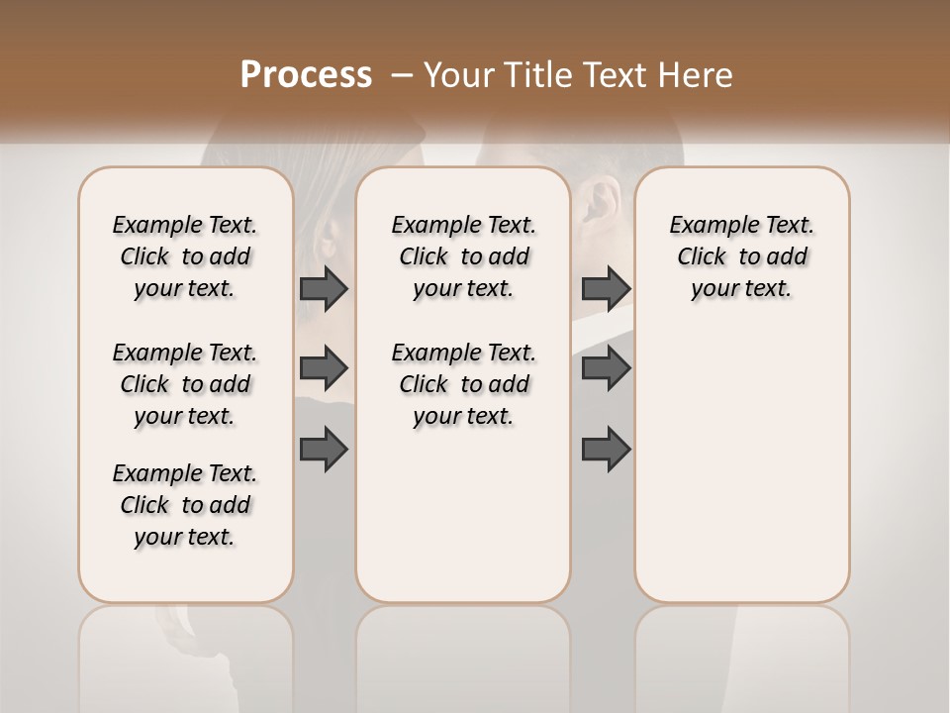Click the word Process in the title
306,75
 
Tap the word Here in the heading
698,75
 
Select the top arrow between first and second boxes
324,288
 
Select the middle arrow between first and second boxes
324,368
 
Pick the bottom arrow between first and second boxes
324,450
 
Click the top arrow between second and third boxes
606,288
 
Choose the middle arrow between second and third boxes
606,368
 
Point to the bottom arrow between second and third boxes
606,450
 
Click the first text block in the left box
185,256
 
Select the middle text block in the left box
185,384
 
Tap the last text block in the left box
185,505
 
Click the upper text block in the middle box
463,256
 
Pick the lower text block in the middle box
463,384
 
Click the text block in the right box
741,256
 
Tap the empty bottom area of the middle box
463,525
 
